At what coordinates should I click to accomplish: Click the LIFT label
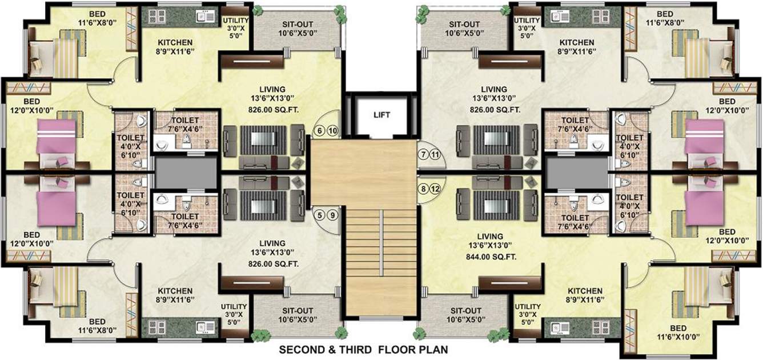(381, 115)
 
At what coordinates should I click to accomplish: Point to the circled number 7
(423, 154)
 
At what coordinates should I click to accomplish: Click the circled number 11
(436, 154)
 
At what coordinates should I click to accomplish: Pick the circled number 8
(423, 189)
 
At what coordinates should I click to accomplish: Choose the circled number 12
(436, 189)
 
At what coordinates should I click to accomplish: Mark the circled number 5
(320, 215)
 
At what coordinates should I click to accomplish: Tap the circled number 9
(332, 215)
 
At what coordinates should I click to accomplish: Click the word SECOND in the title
(300, 349)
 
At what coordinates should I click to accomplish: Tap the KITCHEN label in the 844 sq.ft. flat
(585, 290)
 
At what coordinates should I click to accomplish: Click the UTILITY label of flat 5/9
(234, 307)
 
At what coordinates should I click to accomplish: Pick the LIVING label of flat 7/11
(493, 90)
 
